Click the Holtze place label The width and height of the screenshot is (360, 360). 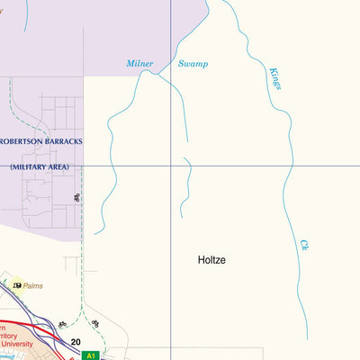[x=211, y=260]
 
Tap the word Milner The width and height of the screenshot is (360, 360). [x=139, y=64]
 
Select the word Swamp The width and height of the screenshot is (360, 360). [x=193, y=64]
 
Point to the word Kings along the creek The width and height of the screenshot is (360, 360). [x=275, y=77]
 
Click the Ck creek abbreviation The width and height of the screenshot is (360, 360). [x=305, y=244]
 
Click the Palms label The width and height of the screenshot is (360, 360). [x=34, y=285]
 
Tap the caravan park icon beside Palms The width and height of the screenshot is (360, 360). [x=17, y=285]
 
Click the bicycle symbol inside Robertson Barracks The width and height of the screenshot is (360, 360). [x=76, y=196]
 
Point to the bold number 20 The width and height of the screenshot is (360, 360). [x=76, y=341]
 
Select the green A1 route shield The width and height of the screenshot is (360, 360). [x=90, y=355]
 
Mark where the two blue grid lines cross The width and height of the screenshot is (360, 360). [x=171, y=166]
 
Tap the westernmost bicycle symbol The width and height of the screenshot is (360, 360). [x=62, y=324]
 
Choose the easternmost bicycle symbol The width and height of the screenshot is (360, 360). [x=94, y=323]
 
